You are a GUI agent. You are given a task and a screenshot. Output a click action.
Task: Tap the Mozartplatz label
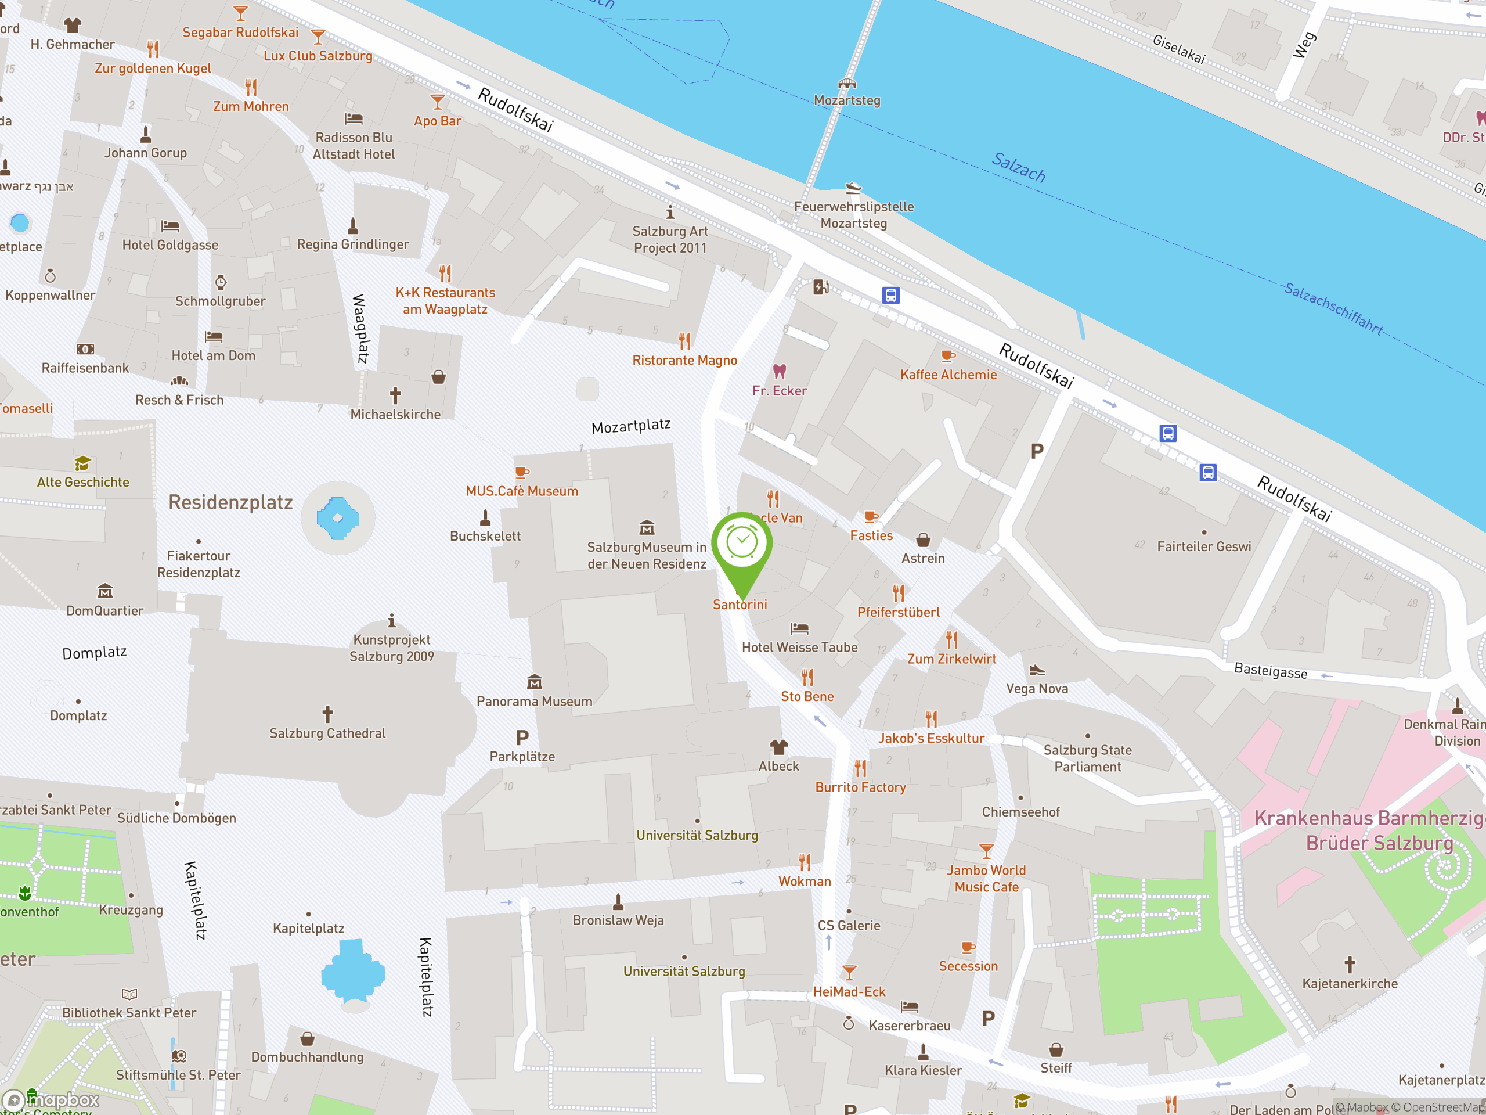(x=631, y=426)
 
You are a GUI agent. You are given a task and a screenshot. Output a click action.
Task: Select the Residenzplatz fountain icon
(x=337, y=517)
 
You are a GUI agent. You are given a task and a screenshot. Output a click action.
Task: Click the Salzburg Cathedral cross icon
(x=327, y=714)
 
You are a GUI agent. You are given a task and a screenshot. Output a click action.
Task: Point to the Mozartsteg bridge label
(x=846, y=100)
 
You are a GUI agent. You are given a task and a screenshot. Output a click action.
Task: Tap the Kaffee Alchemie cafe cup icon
(x=948, y=355)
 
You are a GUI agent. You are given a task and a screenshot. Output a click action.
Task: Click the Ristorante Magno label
(x=684, y=360)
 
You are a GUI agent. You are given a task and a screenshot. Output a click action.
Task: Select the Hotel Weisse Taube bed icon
(x=799, y=628)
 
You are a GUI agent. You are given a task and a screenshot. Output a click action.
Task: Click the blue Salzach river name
(x=1019, y=167)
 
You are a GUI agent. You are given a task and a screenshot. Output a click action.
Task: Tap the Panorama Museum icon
(x=534, y=683)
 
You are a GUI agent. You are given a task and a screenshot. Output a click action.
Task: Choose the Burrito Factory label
(x=861, y=787)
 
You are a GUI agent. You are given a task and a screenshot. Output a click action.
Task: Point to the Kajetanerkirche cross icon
(x=1350, y=965)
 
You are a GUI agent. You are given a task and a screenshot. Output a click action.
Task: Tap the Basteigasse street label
(x=1270, y=671)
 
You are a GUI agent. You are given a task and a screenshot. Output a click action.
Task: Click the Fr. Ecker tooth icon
(x=779, y=371)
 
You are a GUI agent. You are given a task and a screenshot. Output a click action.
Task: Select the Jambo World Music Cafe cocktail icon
(x=986, y=851)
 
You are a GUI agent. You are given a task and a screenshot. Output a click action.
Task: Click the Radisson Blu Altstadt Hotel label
(x=354, y=146)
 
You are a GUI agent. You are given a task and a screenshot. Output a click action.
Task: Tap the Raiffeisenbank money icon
(x=85, y=349)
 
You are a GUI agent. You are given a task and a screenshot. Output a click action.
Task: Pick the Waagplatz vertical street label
(x=360, y=329)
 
